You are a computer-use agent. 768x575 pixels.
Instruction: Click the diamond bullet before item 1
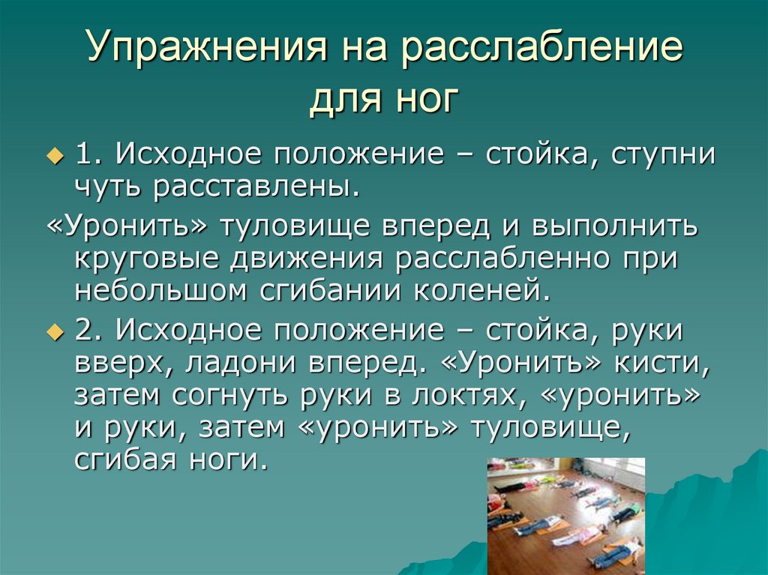(x=53, y=157)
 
